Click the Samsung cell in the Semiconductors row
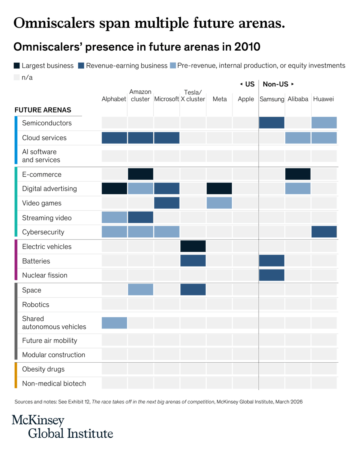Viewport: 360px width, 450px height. (271, 123)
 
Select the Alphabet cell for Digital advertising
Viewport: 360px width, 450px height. (114, 188)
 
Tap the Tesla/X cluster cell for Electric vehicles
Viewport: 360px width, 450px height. (193, 246)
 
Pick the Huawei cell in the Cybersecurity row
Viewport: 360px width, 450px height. (324, 232)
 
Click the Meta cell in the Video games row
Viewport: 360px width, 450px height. (219, 203)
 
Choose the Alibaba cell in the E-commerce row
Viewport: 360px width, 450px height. (298, 174)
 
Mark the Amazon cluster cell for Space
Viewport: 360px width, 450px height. (141, 289)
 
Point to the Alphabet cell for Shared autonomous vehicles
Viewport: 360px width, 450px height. (114, 322)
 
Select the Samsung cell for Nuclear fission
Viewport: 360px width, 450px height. (271, 275)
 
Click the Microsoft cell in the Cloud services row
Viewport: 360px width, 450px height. (166, 138)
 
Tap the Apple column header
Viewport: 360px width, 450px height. (246, 99)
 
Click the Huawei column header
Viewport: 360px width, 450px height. (323, 99)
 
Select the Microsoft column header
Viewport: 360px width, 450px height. (166, 99)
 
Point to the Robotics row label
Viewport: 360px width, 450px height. (36, 304)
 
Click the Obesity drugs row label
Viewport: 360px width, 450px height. (43, 369)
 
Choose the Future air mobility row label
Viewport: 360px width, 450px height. (49, 340)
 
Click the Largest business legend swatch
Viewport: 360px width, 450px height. (16, 66)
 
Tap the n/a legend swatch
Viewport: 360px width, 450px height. (16, 77)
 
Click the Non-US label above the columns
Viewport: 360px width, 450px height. (276, 84)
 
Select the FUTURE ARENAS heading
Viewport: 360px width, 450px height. (43, 110)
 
